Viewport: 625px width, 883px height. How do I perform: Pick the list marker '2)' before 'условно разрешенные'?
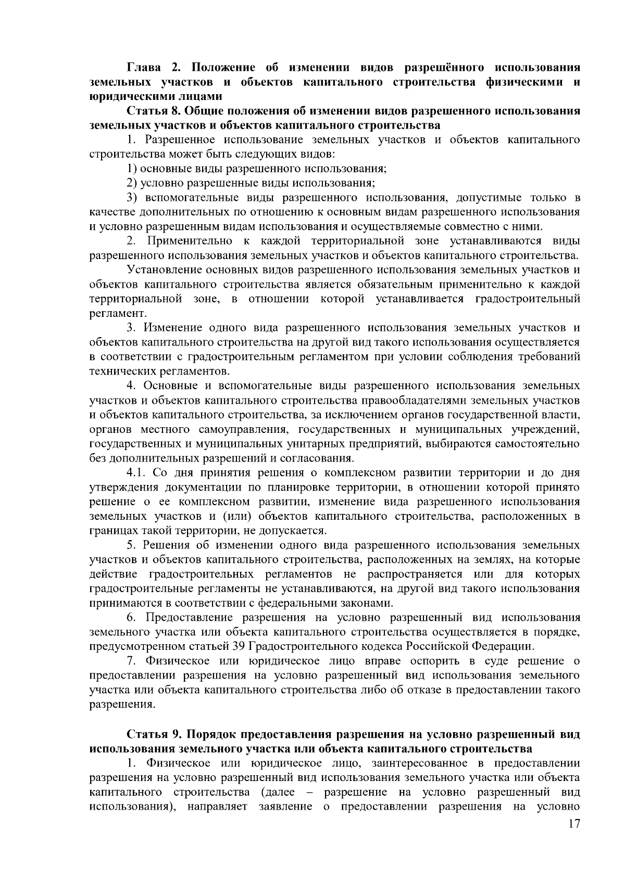coord(133,183)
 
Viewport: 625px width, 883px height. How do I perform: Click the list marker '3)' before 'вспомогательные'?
coord(133,198)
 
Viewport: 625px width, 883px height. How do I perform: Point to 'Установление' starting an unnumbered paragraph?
coord(162,270)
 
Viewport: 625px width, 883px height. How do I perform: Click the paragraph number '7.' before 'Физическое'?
coord(132,661)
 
